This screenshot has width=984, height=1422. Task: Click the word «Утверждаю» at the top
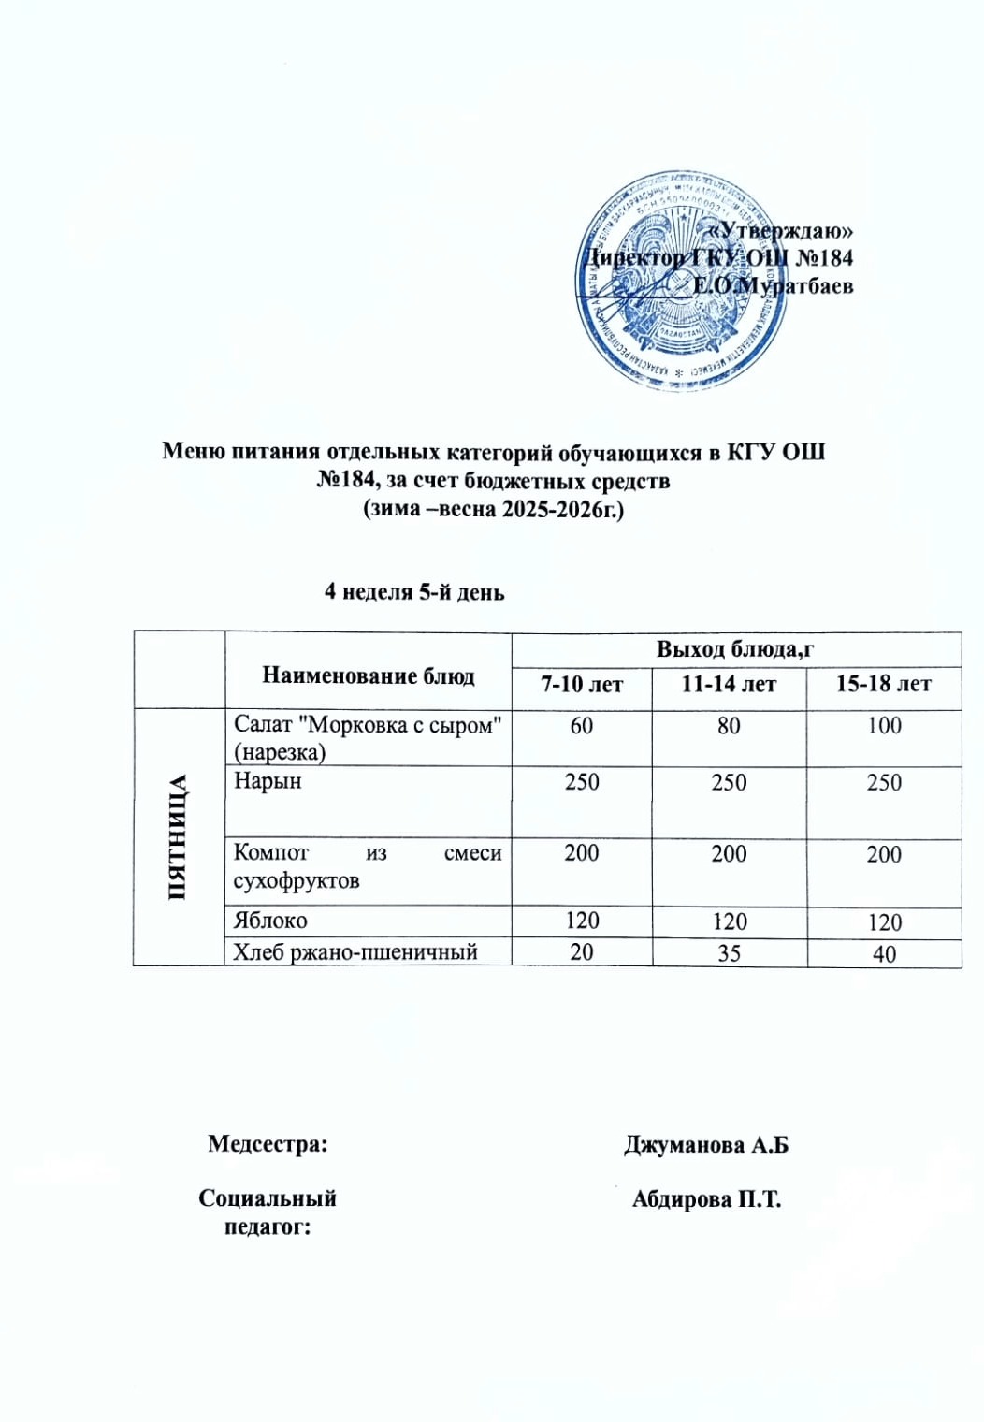click(780, 230)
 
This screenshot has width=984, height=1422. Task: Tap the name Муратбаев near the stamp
click(795, 285)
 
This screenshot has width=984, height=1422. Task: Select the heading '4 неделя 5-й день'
click(414, 591)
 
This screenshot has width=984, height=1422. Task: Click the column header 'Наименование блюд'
click(368, 675)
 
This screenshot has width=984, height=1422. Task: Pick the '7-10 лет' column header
click(581, 685)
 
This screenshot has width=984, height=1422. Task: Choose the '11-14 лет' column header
click(729, 685)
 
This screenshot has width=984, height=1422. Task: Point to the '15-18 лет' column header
click(883, 685)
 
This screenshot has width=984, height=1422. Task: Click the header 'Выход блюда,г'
click(735, 649)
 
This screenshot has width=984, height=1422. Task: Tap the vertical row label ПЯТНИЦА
click(178, 837)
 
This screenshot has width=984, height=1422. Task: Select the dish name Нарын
click(268, 781)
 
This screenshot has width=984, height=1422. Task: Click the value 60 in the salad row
click(581, 726)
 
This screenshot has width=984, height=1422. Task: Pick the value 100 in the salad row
click(883, 726)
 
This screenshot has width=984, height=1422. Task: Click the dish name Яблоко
click(270, 921)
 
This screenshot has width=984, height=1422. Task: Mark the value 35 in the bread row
click(729, 953)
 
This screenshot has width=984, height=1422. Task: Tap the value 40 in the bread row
click(883, 954)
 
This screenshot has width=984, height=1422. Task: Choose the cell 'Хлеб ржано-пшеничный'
click(355, 952)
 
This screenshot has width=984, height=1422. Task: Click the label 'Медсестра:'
click(268, 1143)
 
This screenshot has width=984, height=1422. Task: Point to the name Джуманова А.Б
click(706, 1145)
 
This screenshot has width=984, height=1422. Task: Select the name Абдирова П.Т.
click(706, 1199)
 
